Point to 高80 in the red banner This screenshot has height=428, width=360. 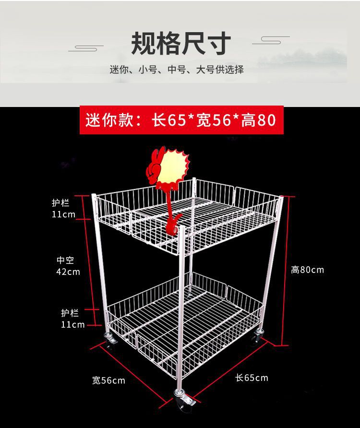click(259, 119)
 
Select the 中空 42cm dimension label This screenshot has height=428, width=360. click(68, 266)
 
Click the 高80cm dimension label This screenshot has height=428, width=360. click(307, 270)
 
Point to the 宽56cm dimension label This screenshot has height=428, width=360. click(108, 380)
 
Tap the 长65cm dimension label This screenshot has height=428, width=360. click(252, 378)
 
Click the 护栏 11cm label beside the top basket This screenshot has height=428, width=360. click(63, 209)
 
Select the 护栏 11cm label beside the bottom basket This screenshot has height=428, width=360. click(72, 319)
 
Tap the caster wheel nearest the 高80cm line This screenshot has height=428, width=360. click(255, 336)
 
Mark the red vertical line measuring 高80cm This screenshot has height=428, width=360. click(287, 271)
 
